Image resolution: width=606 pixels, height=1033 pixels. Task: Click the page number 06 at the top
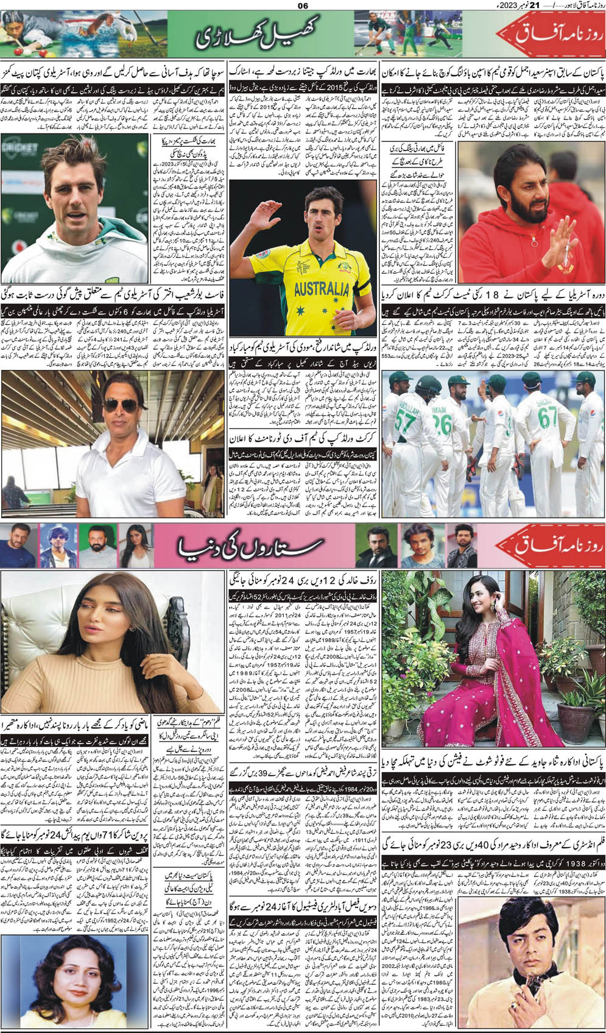(x=303, y=6)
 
